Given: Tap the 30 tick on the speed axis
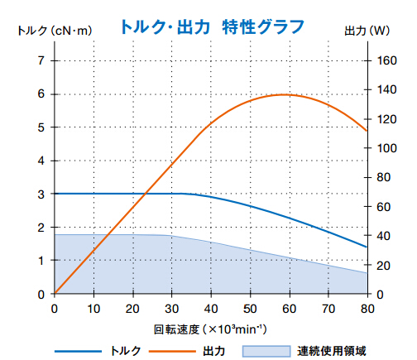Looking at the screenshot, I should tap(171, 308).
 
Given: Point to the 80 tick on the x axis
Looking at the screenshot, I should tap(366, 308).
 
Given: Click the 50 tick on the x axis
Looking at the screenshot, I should tap(249, 308).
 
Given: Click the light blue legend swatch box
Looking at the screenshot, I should tap(266, 350).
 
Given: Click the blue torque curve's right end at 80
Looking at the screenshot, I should tap(366, 247).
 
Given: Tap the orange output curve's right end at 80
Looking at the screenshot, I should tap(366, 131).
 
